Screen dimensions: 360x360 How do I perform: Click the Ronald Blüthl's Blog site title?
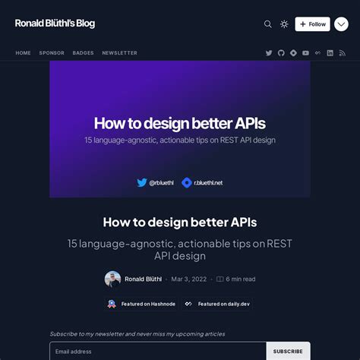(55, 24)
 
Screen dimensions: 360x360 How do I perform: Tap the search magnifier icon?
(267, 24)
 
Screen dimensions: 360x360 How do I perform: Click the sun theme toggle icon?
(284, 24)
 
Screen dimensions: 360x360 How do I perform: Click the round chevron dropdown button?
(341, 24)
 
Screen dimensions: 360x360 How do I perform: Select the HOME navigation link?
(24, 53)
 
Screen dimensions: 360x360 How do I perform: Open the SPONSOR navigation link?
(52, 53)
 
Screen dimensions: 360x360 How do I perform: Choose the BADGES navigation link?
(83, 53)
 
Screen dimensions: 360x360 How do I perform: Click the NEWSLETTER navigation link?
(119, 53)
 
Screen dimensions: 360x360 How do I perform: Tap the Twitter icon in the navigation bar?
(269, 53)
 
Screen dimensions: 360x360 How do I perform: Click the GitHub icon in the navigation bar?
(281, 53)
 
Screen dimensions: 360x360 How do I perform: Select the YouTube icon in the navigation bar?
(305, 53)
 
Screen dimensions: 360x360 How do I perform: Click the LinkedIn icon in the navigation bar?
(330, 53)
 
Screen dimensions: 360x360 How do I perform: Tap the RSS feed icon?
(342, 53)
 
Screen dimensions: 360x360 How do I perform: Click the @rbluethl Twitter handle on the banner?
(161, 182)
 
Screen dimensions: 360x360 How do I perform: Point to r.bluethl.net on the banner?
(207, 182)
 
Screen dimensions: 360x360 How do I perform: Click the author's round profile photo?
(112, 279)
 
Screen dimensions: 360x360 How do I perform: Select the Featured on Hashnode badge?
(141, 304)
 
